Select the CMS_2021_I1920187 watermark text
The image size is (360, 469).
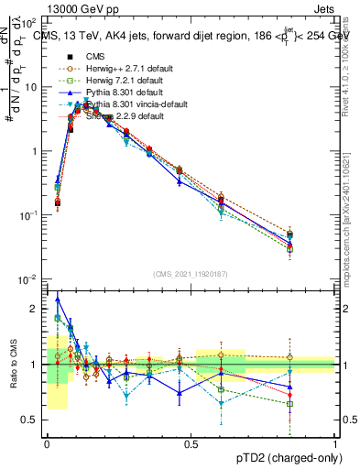[x=190, y=273]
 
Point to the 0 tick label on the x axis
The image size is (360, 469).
[x=47, y=443]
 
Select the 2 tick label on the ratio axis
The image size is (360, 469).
[x=35, y=309]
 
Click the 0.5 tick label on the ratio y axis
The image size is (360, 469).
[x=31, y=420]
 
